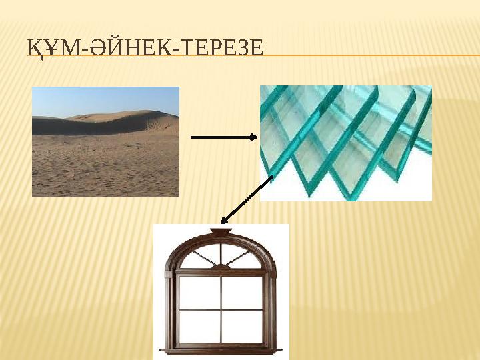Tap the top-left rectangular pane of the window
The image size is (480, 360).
point(199,291)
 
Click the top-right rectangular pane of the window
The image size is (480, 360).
point(241,291)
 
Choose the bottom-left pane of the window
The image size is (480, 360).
point(199,326)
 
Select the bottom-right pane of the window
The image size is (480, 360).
point(241,326)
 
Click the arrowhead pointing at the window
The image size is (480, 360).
point(225,219)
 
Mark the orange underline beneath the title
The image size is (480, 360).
point(367,55)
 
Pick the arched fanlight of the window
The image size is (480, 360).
point(221,257)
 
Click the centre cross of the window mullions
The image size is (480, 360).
point(221,309)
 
